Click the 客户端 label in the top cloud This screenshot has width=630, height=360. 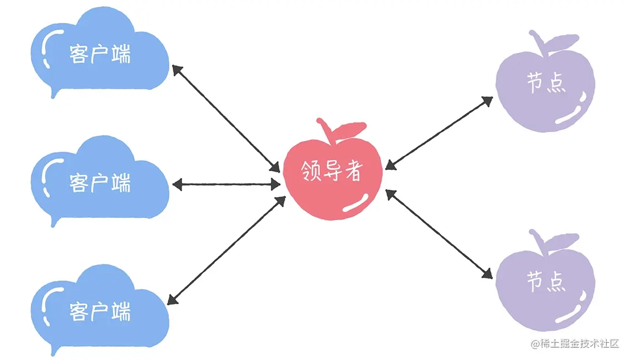pos(100,55)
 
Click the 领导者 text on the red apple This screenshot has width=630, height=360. pos(332,173)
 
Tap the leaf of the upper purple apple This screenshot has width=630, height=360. pos(559,42)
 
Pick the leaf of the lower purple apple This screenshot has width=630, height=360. pos(558,241)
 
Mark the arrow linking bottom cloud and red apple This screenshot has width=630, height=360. pos(227,250)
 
